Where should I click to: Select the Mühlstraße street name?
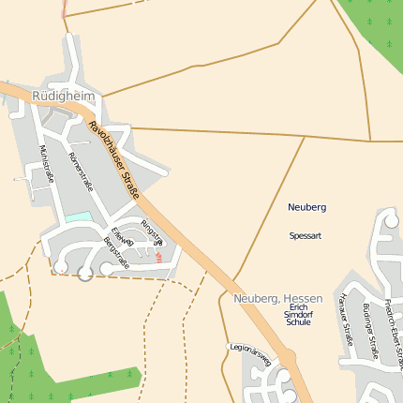pyautogui.click(x=47, y=164)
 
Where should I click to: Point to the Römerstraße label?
pyautogui.click(x=82, y=171)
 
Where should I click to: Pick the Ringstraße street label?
pyautogui.click(x=151, y=231)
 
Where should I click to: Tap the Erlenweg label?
pyautogui.click(x=123, y=238)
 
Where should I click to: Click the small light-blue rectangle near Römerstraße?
pyautogui.click(x=79, y=217)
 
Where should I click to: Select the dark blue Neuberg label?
pyautogui.click(x=306, y=206)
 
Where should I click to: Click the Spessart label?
pyautogui.click(x=306, y=235)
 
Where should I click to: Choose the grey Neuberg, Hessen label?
pyautogui.click(x=277, y=297)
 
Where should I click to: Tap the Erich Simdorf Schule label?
pyautogui.click(x=298, y=314)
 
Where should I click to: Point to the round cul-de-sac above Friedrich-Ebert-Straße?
pyautogui.click(x=392, y=220)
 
